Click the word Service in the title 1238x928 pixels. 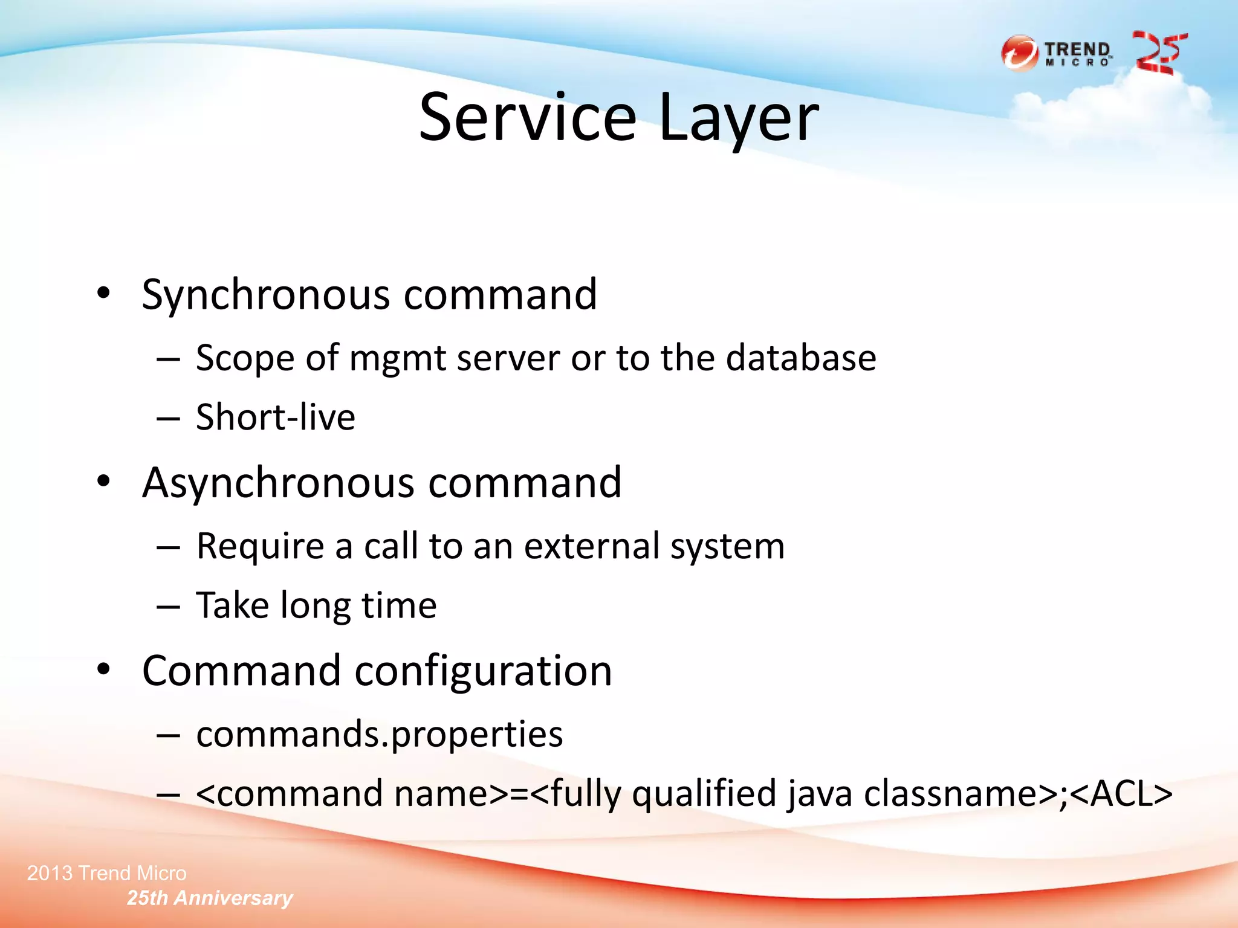528,117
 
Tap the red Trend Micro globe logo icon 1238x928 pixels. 1019,54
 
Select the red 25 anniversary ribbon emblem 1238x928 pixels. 1159,53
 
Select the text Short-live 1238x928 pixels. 276,417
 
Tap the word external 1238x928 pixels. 591,546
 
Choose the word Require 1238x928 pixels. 261,546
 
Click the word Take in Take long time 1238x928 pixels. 233,605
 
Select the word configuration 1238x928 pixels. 483,671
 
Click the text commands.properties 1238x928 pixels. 380,735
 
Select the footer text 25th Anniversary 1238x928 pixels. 210,898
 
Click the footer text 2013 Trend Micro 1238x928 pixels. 106,873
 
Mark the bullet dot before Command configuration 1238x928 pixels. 104,669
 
